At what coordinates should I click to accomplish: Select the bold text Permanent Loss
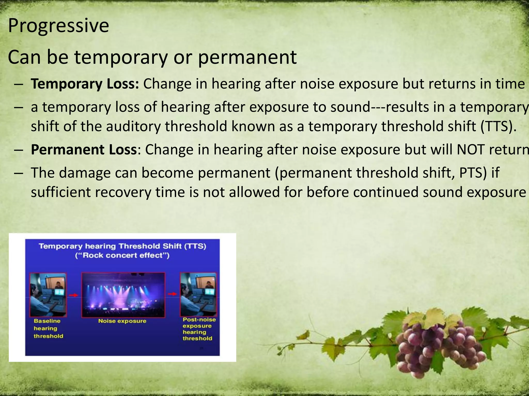(84, 150)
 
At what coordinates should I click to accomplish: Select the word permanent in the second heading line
(247, 57)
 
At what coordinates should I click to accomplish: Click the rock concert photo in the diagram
(123, 295)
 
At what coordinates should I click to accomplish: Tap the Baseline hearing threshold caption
(48, 328)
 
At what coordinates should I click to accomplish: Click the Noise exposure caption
(122, 321)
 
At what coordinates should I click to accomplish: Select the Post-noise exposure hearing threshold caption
(199, 329)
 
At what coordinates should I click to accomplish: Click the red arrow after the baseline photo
(74, 295)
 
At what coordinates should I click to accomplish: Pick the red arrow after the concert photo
(172, 294)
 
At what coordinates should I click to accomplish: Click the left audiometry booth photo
(48, 295)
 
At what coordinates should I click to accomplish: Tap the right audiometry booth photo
(198, 294)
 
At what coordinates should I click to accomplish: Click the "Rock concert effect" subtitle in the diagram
(122, 255)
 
